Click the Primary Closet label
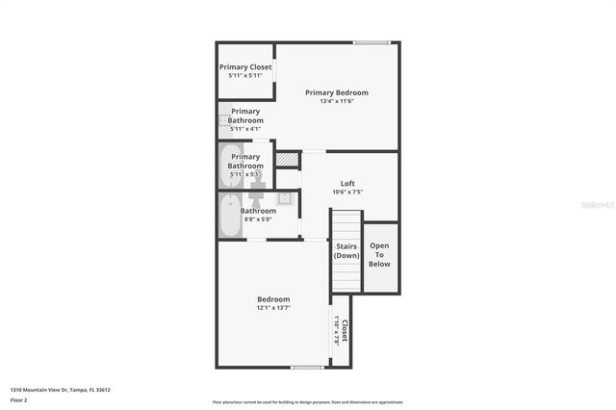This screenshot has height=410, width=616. [x=245, y=66]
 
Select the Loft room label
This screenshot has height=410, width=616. [x=347, y=183]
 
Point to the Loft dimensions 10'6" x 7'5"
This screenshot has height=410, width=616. [x=347, y=192]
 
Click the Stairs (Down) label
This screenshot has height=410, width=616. [x=346, y=251]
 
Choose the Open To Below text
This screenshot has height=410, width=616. [x=380, y=254]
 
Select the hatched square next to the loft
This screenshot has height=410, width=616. [x=287, y=160]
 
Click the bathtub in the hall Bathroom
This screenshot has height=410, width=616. [x=229, y=217]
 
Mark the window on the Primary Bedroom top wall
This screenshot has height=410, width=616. [x=372, y=42]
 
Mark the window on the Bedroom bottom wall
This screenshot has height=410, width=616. [x=307, y=367]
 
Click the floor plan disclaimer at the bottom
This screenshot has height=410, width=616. [x=307, y=402]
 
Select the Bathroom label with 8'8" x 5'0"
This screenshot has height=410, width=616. [x=259, y=215]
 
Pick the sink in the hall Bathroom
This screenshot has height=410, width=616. [x=285, y=199]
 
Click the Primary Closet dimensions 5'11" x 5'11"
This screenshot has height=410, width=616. [x=245, y=75]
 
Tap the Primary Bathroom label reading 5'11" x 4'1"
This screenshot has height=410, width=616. [x=245, y=119]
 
